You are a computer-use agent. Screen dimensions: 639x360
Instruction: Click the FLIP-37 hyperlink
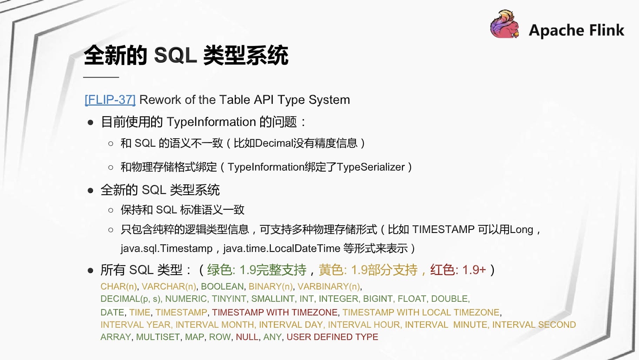point(110,100)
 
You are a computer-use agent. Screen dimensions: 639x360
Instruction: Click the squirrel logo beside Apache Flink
point(505,24)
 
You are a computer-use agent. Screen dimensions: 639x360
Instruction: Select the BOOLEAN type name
point(222,286)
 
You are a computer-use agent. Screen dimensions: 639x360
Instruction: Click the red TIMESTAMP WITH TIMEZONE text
point(275,312)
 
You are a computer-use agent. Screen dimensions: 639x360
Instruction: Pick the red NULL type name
point(247,337)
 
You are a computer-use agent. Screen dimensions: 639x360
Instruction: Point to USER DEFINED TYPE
point(332,337)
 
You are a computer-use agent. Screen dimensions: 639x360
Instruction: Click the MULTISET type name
point(158,337)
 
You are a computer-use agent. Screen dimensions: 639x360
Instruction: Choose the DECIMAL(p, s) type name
point(130,299)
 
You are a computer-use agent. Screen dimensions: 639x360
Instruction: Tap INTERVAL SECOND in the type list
point(534,325)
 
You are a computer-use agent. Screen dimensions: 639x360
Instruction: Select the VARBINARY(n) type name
point(329,287)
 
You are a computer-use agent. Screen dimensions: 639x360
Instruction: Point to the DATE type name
point(112,312)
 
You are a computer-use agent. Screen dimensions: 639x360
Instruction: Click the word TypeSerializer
point(371,167)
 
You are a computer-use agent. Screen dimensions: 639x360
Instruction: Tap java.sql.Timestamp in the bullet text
point(167,248)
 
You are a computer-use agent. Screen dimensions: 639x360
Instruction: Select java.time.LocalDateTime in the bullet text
point(282,248)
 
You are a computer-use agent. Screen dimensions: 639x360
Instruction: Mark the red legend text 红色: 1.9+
point(458,270)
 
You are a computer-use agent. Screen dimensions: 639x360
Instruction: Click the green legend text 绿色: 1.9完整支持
point(257,270)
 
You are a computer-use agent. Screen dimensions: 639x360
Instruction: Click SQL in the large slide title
point(175,55)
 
